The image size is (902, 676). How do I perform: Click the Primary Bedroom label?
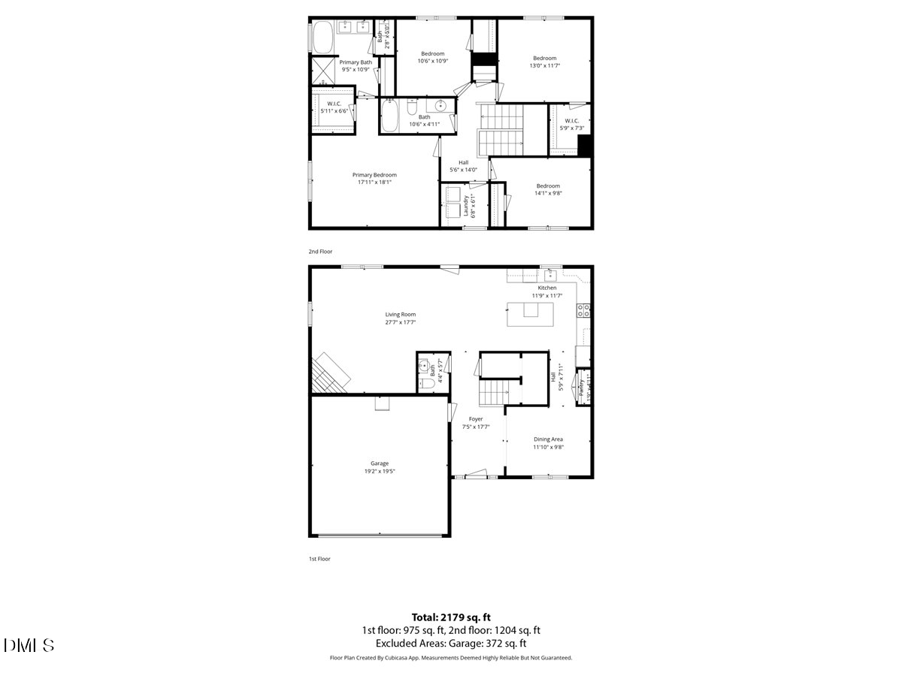click(374, 178)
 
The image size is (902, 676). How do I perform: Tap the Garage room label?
click(380, 467)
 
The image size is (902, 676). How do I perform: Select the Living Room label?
click(401, 318)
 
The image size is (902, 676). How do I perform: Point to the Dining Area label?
click(548, 443)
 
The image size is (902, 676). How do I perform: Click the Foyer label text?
click(476, 423)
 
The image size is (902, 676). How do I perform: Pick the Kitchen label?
click(546, 291)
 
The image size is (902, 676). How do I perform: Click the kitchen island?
click(531, 315)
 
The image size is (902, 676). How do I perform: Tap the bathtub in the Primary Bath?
click(322, 37)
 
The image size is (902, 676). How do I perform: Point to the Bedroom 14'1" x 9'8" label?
click(548, 189)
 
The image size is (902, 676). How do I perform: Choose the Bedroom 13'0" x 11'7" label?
click(545, 62)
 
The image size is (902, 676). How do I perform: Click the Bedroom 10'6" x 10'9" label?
click(432, 57)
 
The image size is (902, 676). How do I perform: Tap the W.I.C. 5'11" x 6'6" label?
click(334, 107)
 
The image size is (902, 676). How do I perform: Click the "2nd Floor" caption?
click(320, 251)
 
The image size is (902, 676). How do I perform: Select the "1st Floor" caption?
click(319, 559)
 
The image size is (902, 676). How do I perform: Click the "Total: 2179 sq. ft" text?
click(451, 617)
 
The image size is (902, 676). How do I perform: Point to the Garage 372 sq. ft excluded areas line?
click(451, 644)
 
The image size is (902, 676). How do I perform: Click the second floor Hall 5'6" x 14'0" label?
click(464, 166)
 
